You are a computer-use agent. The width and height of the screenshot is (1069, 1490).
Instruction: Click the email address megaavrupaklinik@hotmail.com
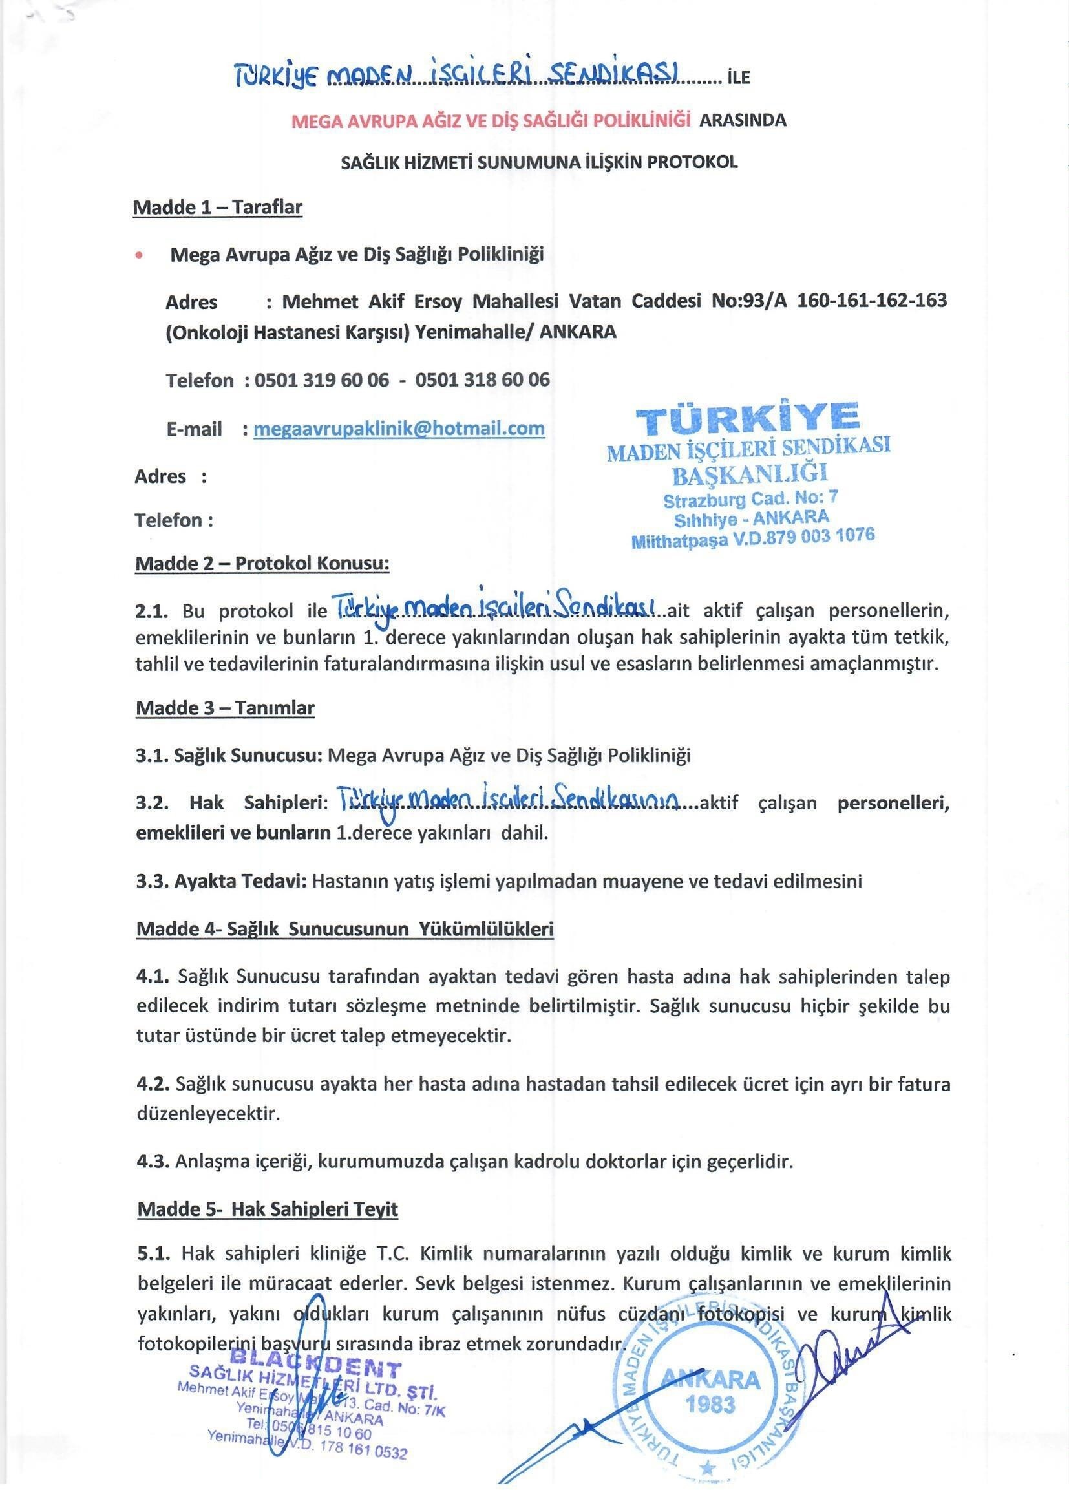(399, 429)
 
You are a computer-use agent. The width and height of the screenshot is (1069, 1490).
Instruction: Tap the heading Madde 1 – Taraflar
(217, 208)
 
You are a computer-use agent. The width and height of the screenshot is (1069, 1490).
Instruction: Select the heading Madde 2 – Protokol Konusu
(262, 564)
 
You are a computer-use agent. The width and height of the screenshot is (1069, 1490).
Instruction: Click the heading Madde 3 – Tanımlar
(225, 708)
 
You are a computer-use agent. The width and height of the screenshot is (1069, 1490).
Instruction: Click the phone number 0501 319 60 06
(321, 379)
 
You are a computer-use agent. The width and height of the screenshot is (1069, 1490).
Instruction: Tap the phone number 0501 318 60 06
(482, 379)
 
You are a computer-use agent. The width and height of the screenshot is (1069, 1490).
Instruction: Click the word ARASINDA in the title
(743, 120)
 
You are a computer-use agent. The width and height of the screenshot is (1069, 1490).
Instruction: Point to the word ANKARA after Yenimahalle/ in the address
(578, 332)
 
